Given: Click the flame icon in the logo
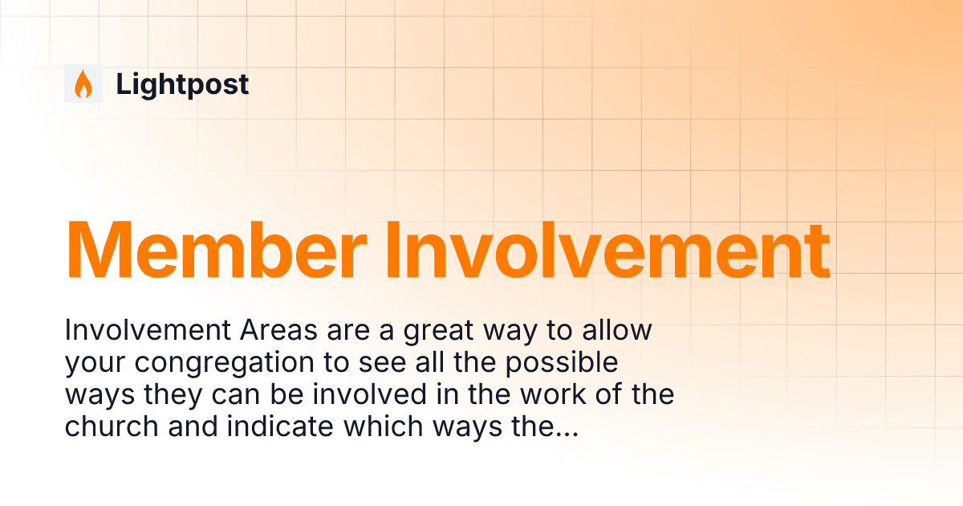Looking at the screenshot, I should tap(83, 84).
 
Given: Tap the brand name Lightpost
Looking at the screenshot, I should tap(182, 84).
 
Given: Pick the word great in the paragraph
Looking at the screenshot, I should tap(440, 330).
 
